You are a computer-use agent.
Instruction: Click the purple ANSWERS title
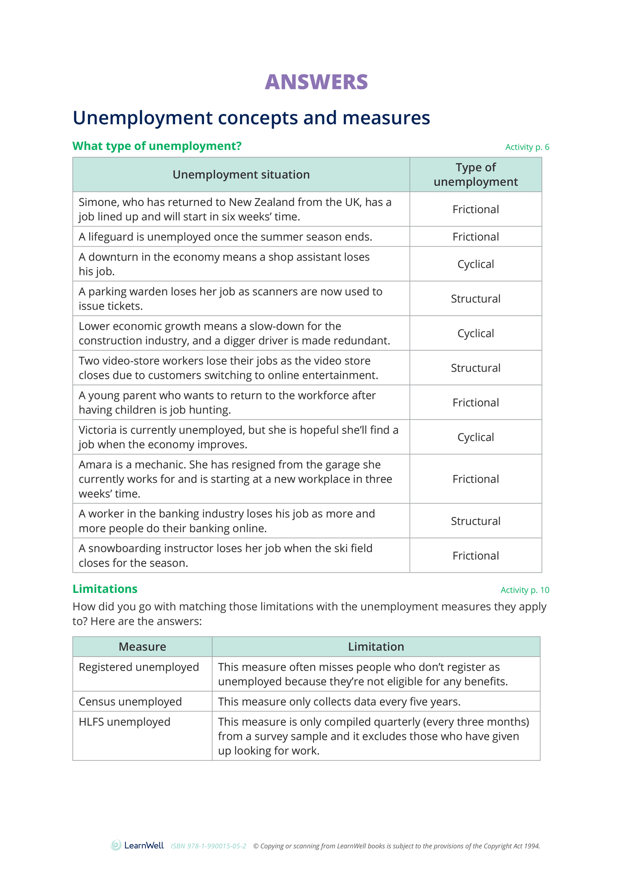coord(316,82)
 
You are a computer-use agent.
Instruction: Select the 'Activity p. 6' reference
coord(527,147)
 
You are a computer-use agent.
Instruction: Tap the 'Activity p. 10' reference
coord(524,590)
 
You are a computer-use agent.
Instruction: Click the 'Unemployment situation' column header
coord(241,175)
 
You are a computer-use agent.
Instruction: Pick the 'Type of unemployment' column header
coord(475,175)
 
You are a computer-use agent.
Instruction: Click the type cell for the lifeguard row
coord(475,237)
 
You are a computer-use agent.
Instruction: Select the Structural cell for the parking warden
coord(475,299)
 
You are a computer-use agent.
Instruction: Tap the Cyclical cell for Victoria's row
coord(475,437)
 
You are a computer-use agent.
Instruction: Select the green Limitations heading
coord(105,589)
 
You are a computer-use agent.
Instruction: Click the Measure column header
coord(142,647)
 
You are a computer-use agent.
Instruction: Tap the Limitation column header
coord(376,647)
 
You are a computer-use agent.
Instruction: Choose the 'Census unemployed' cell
coord(130,701)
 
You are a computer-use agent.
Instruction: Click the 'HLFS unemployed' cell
coord(124,722)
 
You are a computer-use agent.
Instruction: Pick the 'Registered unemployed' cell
coord(139,667)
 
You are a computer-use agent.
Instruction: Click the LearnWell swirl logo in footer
coord(116,845)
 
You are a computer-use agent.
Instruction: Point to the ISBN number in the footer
coord(208,846)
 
